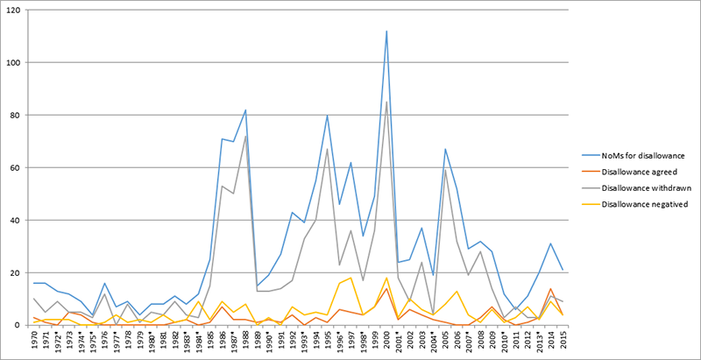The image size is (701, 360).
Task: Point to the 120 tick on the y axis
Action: click(11, 11)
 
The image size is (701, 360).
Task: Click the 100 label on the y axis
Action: click(11, 63)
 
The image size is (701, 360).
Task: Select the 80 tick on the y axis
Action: click(13, 115)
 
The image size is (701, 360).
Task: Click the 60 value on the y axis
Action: click(13, 167)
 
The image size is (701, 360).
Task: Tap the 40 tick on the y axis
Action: click(13, 220)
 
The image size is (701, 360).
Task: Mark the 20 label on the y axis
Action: click(13, 272)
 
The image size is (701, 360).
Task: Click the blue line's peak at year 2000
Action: click(386, 32)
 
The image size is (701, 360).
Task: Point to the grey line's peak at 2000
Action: click(386, 102)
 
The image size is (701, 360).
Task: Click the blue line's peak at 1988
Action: click(246, 110)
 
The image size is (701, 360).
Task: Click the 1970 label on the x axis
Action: click(34, 342)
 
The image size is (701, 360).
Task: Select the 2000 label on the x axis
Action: click(386, 342)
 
